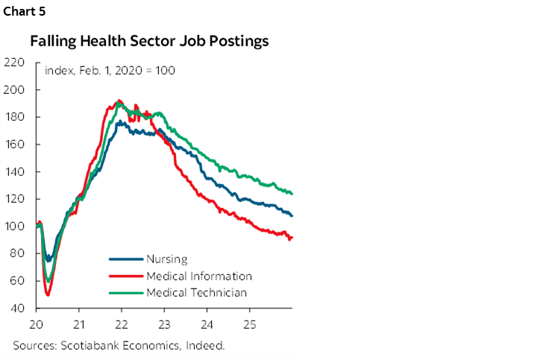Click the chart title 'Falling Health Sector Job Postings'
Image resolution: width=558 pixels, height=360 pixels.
pos(149,42)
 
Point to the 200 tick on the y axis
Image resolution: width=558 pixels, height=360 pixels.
pos(15,89)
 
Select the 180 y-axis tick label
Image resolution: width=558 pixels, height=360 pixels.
pos(15,117)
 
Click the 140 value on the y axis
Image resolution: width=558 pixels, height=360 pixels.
pos(15,171)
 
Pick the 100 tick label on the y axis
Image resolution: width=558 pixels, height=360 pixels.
pos(15,226)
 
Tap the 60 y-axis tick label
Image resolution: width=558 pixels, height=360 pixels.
pos(16,281)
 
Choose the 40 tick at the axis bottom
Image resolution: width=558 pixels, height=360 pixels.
pos(16,308)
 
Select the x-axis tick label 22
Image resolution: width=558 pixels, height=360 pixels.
pos(122,325)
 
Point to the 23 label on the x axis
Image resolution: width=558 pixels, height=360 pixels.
pos(164,325)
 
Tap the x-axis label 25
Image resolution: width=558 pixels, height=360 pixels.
pos(249,325)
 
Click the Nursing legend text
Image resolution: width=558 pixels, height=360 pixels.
pos(167,259)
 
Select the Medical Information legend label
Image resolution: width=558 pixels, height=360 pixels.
pos(199,276)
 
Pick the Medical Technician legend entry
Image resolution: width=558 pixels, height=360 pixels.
pos(197,292)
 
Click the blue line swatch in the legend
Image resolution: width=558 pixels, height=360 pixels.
pos(125,259)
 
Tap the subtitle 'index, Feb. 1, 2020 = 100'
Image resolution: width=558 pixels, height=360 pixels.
pos(110,71)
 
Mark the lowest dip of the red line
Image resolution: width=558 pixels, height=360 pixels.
pos(48,295)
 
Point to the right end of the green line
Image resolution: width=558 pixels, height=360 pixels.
pos(292,194)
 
